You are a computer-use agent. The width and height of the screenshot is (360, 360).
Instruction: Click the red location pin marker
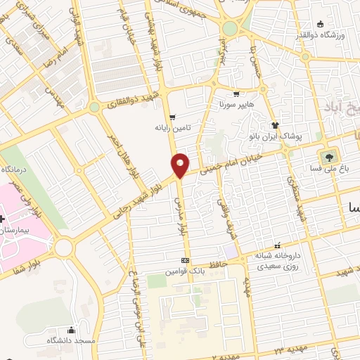click(181, 165)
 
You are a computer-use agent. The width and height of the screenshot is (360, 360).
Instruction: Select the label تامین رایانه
click(173, 129)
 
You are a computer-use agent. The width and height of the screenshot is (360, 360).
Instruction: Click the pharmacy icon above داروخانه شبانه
click(278, 246)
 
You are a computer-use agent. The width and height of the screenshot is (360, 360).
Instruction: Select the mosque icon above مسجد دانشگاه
click(71, 329)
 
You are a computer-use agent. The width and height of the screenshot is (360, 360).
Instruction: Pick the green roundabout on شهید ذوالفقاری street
click(94, 108)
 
